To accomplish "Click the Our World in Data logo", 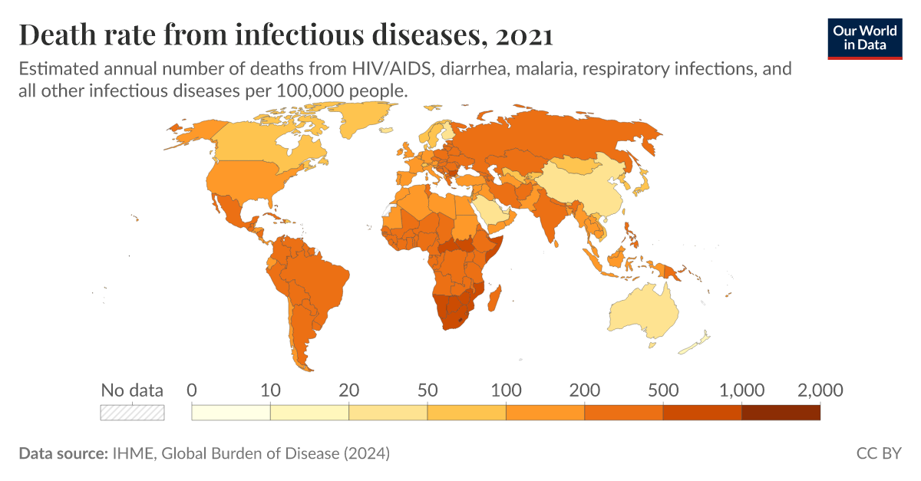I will click(865, 37).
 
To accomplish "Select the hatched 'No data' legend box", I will click(132, 412).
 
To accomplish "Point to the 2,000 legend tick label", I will click(819, 390).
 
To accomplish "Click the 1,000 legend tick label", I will click(741, 390).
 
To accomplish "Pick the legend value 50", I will click(427, 390).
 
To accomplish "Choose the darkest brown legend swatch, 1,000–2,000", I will click(781, 412).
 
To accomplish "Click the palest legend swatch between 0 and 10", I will click(231, 412).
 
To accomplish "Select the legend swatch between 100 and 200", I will click(545, 412).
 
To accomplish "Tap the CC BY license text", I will click(879, 453).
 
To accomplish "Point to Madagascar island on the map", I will click(496, 297).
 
